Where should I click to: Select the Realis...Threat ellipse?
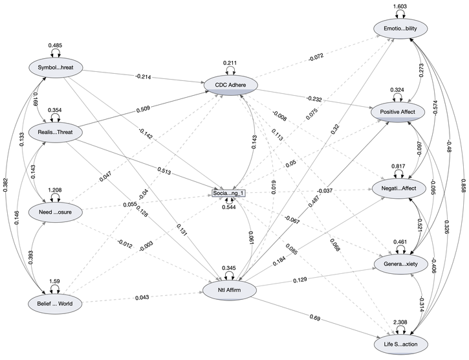54,133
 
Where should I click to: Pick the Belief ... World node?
54,302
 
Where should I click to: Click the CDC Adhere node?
230,84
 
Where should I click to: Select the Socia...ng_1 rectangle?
230,193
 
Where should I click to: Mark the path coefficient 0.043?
142,297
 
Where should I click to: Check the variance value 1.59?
54,282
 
